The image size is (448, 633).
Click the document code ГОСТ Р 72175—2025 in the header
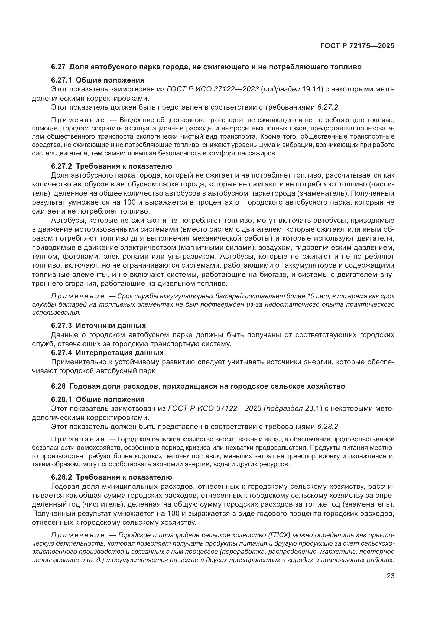click(357, 46)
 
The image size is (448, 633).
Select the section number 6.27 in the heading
click(58, 67)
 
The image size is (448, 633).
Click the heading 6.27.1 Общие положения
click(98, 80)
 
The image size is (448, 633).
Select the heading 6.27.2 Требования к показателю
click(111, 166)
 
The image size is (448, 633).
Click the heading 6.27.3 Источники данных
click(98, 326)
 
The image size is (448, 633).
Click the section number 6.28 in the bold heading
click(58, 386)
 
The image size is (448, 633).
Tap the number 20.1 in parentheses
click(313, 409)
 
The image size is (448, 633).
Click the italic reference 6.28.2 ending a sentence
click(327, 427)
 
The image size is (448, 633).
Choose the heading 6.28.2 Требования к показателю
click(111, 477)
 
